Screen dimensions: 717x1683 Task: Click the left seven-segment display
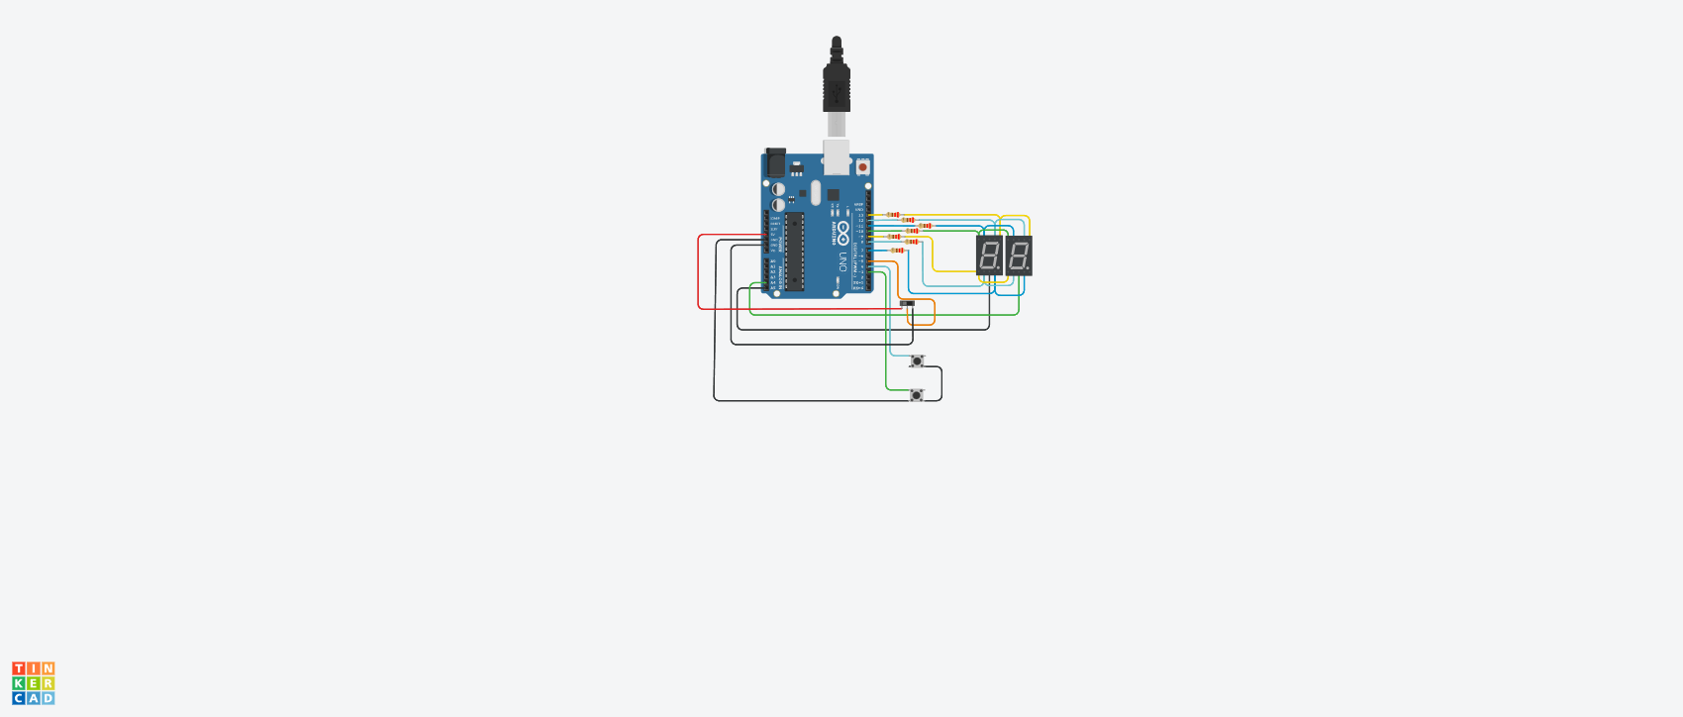[x=989, y=255]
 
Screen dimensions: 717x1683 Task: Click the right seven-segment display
[x=1019, y=255]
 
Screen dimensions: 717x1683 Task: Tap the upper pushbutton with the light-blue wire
[x=917, y=360]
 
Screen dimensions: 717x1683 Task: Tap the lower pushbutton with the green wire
[x=917, y=395]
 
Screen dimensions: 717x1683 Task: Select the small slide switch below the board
[x=907, y=303]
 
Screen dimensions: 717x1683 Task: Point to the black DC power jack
[x=775, y=161]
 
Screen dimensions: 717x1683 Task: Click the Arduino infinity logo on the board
[x=842, y=233]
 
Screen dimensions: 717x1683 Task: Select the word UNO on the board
[x=842, y=261]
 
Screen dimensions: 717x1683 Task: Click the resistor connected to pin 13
[x=893, y=215]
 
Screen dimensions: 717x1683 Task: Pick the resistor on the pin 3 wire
[x=898, y=251]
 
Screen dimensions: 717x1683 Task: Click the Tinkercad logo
[x=34, y=683]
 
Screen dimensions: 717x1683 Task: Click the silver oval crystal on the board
[x=816, y=192]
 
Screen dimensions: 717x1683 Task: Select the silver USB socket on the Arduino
[x=837, y=155]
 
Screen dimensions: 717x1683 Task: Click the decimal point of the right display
[x=1028, y=268]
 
